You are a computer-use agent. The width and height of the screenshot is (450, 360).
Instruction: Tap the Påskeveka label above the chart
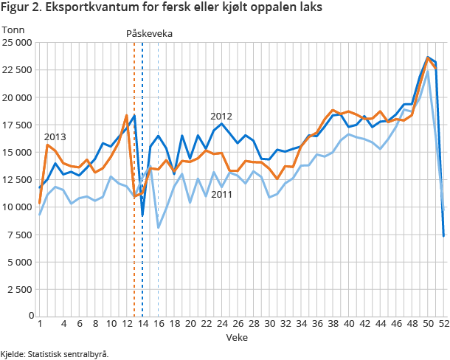coord(150,34)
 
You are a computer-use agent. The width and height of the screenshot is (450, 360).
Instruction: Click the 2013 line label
coord(55,137)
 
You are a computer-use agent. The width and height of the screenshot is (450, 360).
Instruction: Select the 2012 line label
coord(221,117)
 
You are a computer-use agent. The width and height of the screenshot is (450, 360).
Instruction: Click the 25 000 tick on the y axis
coord(16,43)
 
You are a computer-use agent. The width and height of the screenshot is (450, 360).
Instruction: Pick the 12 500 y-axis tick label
coord(16,179)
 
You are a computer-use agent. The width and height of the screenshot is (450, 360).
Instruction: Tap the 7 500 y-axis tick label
coord(19,234)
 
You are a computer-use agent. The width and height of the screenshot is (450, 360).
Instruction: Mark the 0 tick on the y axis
coord(29,316)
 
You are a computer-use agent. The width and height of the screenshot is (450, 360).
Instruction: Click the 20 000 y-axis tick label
coord(16,97)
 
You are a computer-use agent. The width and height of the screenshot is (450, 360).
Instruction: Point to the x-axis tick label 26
coord(237,324)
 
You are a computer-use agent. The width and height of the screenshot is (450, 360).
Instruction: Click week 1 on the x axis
coord(40,324)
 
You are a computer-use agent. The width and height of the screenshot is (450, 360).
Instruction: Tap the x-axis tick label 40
coord(347,324)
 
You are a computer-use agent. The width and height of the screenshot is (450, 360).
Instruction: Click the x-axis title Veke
coord(238,337)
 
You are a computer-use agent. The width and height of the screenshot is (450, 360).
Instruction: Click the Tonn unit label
coord(13,30)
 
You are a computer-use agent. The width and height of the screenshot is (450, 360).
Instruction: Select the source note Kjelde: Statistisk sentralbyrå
coord(55,353)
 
